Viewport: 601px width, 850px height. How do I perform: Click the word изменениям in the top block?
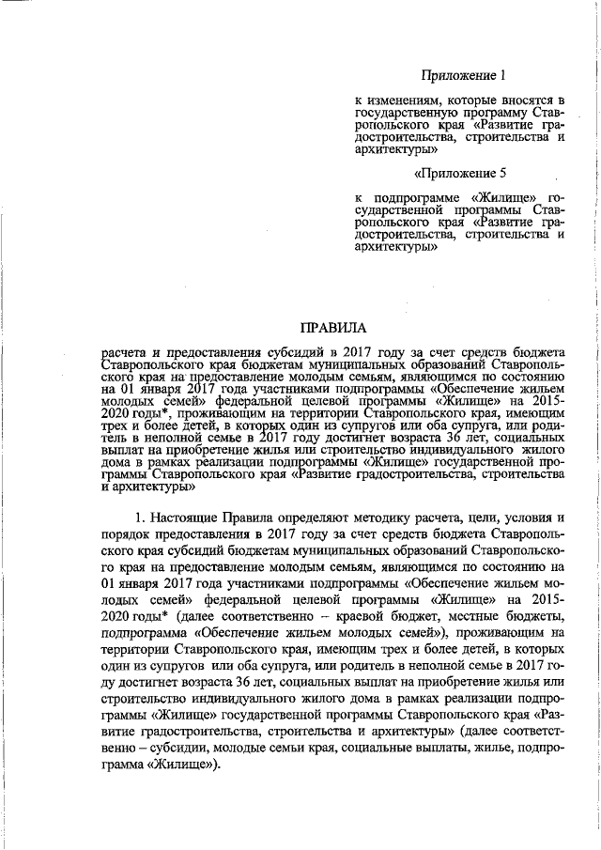click(403, 100)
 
